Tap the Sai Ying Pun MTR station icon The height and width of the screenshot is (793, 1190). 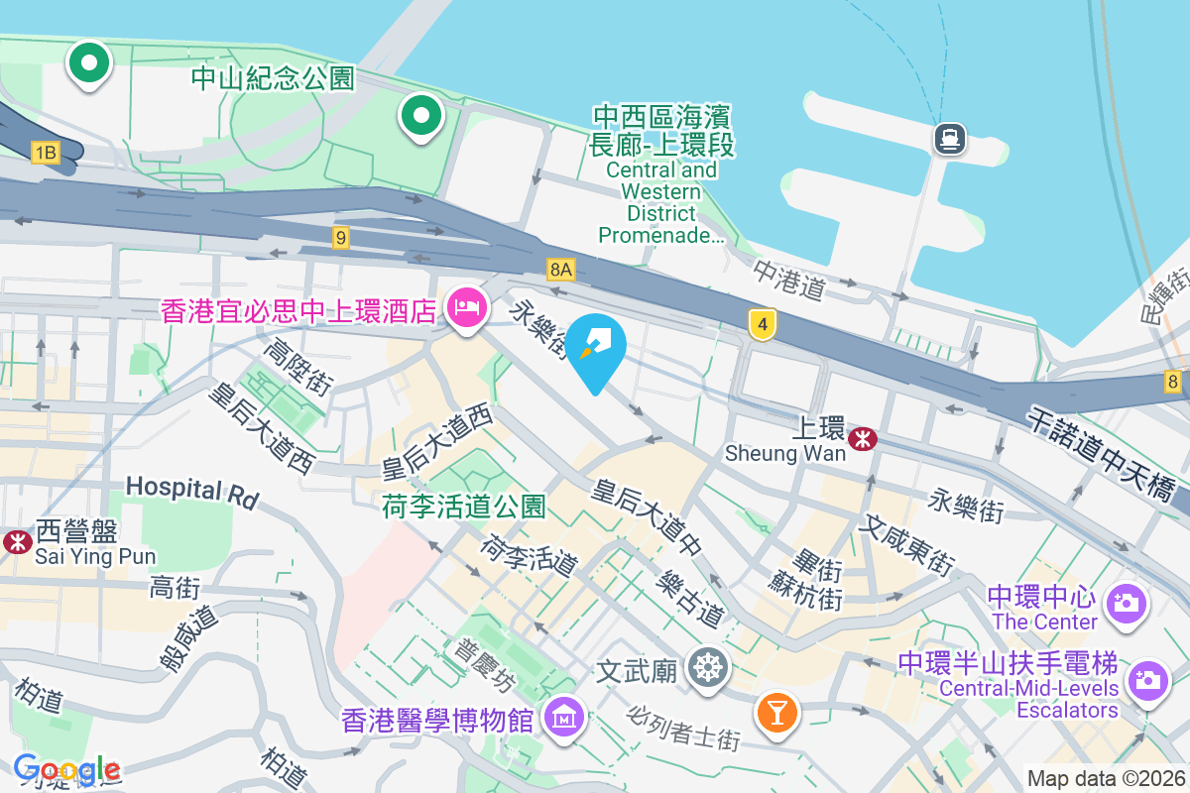[17, 541]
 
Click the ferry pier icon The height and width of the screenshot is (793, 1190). [949, 138]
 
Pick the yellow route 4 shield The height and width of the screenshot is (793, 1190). [762, 324]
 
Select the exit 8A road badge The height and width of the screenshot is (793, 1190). [560, 269]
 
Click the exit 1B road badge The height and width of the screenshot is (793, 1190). [46, 152]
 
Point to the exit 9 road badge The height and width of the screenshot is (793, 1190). [341, 237]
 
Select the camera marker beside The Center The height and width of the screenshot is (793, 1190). [1127, 603]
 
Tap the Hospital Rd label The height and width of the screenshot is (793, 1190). [191, 490]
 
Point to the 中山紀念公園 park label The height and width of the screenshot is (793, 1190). [273, 78]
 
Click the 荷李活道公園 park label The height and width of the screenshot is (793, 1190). [464, 508]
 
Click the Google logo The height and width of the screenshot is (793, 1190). [66, 768]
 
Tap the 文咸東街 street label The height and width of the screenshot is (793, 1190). [909, 544]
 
